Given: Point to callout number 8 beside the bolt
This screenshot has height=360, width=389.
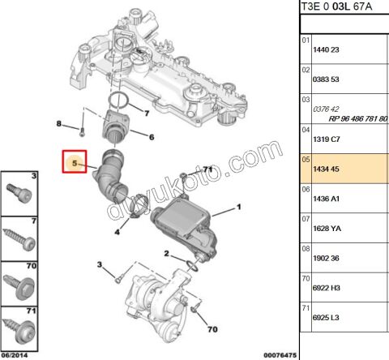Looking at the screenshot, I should click(x=59, y=124).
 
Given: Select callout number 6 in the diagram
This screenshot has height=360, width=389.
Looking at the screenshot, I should click(x=151, y=136).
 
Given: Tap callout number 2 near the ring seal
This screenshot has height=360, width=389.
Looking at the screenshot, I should click(x=167, y=254).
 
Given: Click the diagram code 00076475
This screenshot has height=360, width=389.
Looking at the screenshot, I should click(x=280, y=354).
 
